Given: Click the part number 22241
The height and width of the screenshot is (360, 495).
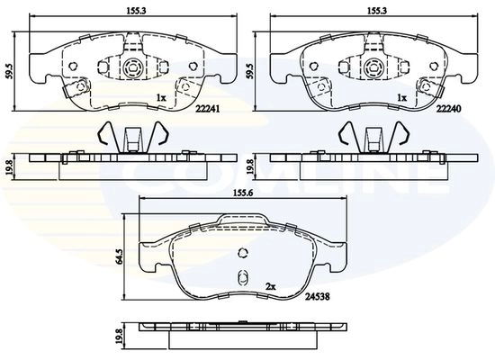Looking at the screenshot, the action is pos(207,109).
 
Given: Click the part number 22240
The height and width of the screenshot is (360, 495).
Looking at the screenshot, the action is pos(448,109).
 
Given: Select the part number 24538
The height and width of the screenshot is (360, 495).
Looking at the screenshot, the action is pos(318,297).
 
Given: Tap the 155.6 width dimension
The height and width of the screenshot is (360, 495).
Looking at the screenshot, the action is pos(243,193).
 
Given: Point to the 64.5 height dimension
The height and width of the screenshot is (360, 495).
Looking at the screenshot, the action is pos(120,256).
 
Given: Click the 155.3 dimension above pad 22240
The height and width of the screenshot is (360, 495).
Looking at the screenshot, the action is pos(377,11).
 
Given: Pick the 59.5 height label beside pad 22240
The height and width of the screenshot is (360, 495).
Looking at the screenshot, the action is pos(251,71).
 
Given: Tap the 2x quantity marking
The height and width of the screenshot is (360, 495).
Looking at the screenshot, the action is pos(271,286).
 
